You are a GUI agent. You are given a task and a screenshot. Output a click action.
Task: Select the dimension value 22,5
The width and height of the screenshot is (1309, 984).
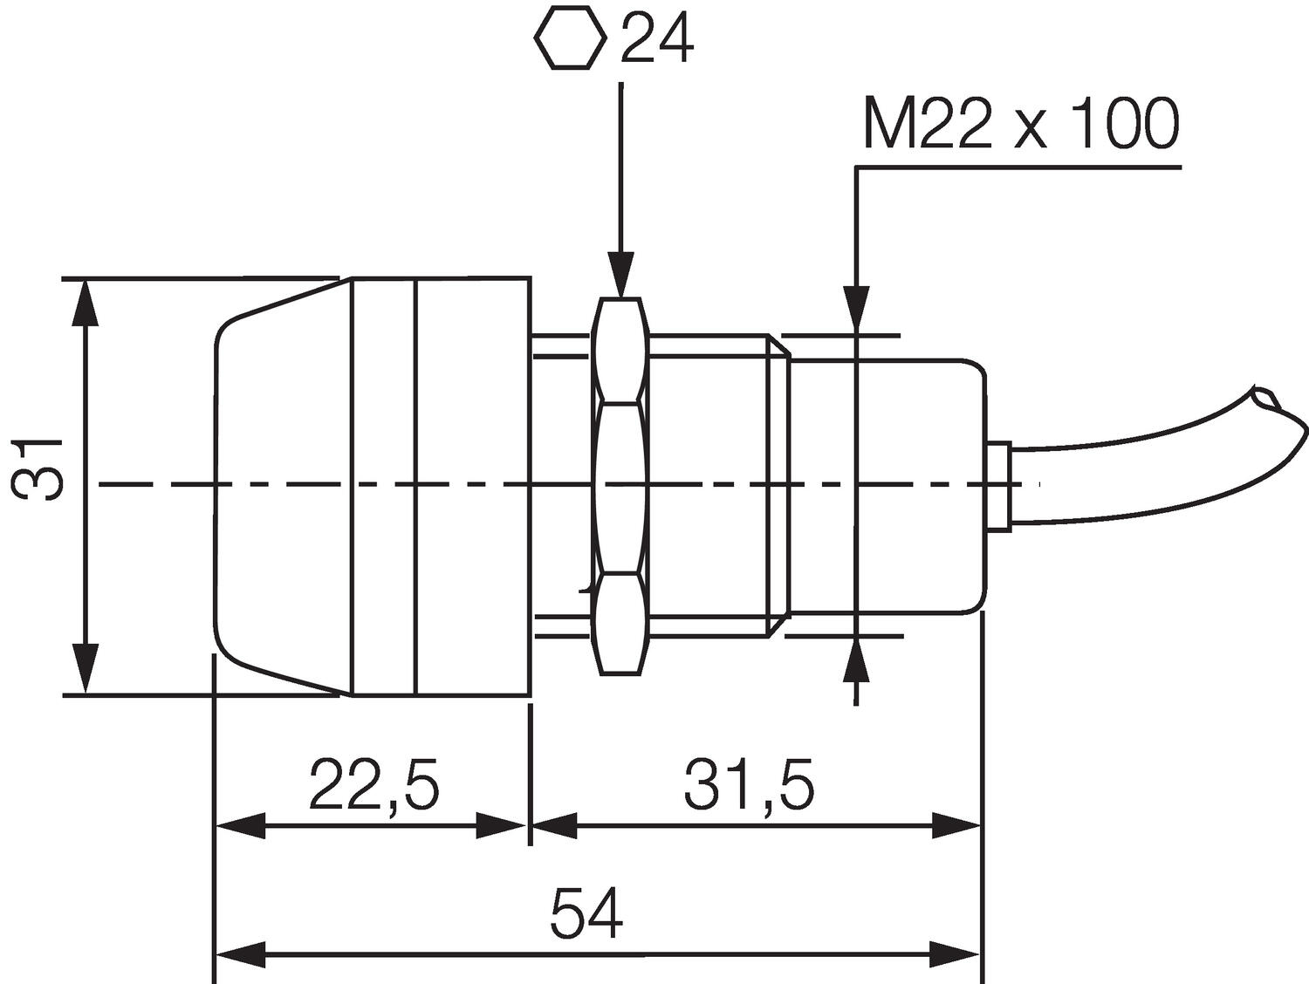[374, 784]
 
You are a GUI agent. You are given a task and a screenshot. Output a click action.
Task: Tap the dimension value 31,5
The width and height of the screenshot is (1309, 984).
[749, 784]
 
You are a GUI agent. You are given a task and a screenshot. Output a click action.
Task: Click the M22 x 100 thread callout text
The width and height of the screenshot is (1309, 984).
[1021, 126]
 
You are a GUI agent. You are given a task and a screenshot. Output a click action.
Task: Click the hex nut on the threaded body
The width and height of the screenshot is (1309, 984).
[620, 485]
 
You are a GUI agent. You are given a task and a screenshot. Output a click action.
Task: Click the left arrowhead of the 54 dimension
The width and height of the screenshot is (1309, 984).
[241, 954]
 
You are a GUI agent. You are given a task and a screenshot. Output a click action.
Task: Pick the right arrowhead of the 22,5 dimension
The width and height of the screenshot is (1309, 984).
[503, 825]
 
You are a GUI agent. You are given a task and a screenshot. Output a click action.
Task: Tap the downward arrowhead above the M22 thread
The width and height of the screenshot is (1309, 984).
[857, 310]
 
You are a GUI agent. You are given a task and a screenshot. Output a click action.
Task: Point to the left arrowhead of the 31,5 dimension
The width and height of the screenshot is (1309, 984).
[555, 825]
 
